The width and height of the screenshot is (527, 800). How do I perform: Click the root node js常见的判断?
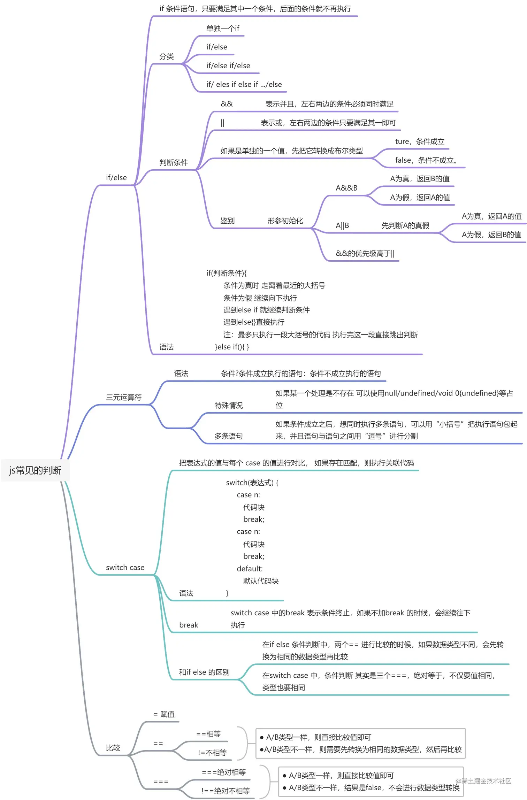pos(35,470)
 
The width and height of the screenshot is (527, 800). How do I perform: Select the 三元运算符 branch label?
pos(124,397)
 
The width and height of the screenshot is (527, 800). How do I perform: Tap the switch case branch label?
pos(125,568)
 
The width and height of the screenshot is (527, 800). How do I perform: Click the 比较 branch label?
pos(113,748)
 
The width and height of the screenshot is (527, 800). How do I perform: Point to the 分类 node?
pos(166,56)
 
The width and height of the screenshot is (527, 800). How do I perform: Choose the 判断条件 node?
pos(174,162)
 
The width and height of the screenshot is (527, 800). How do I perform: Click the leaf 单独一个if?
pos(223,28)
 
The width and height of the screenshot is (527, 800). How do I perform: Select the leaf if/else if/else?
pos(228,66)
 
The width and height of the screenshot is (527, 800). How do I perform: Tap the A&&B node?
pos(346,188)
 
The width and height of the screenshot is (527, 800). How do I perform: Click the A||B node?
pos(342,225)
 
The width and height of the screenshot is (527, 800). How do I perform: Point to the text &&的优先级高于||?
pos(365,253)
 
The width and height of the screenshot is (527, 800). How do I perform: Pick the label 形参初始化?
pos(285,221)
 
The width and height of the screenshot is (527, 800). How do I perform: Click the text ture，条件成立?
pos(420,141)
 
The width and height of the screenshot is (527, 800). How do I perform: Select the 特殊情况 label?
pos(229,405)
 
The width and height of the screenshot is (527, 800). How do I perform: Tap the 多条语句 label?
pos(229,436)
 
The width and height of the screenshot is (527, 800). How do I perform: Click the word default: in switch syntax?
pos(250,569)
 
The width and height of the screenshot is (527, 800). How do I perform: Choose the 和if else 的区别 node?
pos(204,672)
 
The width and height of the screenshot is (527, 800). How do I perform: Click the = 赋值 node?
pos(164,714)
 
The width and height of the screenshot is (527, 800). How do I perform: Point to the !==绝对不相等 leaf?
pos(226,791)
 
